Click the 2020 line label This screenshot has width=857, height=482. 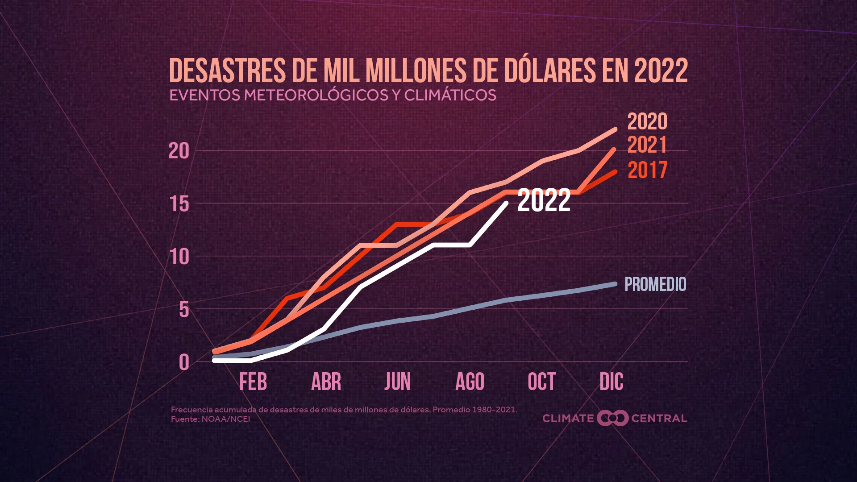647,121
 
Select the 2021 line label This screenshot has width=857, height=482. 647,145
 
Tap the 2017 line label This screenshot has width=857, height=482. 647,170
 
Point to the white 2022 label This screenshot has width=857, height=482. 544,200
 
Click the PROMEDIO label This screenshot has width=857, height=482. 655,284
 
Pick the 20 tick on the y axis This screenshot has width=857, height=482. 179,152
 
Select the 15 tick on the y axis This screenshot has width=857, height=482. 179,204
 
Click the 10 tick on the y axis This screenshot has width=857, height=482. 179,257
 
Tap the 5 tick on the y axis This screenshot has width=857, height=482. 184,310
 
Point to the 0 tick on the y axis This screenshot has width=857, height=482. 184,362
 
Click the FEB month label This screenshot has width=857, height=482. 253,382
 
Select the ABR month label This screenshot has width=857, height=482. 326,382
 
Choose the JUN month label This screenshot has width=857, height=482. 397,382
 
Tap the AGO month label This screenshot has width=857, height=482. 470,382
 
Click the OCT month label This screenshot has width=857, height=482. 541,382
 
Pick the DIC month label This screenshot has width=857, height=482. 611,382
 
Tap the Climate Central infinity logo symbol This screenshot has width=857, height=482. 612,418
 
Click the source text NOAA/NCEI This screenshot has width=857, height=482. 225,419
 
